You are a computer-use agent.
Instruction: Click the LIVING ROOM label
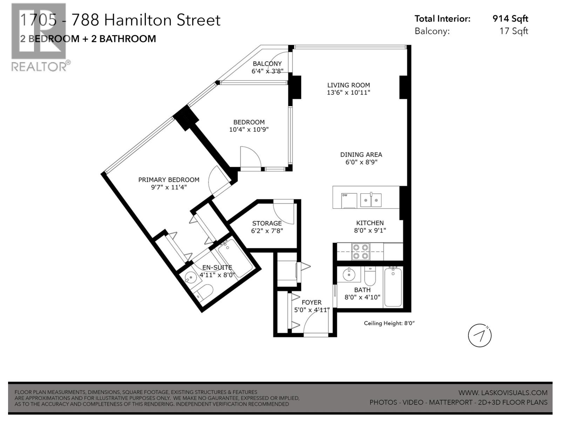349,85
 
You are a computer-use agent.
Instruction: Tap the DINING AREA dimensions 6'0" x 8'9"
361,162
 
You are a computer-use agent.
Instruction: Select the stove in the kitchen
361,252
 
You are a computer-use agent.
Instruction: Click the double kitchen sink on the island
371,200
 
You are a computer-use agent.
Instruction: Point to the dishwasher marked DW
349,200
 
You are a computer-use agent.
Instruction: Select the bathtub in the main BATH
393,287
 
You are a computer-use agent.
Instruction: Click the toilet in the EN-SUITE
204,292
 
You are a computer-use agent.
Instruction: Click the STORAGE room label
267,223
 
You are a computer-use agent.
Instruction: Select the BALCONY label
267,64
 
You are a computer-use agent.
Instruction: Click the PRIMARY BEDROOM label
169,180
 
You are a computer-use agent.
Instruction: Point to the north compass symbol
480,336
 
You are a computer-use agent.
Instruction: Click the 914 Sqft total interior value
510,19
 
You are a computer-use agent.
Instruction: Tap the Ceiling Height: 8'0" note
389,323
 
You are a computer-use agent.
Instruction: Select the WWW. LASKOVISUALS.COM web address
502,393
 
